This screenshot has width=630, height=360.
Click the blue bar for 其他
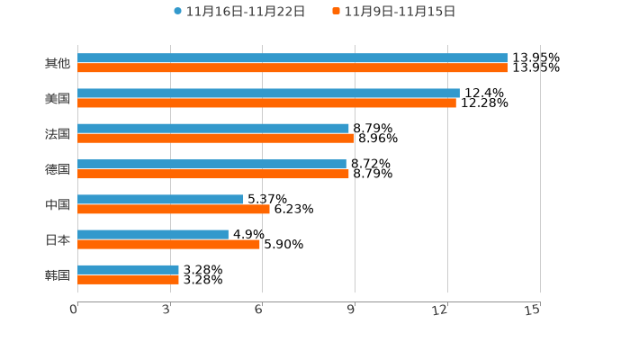[292, 58]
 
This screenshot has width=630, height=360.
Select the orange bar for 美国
[266, 103]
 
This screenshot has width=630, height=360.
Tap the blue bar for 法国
[213, 128]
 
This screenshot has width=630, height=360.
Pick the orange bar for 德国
[213, 174]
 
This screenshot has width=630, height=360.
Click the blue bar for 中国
[160, 199]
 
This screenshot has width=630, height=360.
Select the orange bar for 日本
[168, 244]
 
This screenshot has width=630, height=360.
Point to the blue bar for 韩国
[128, 269]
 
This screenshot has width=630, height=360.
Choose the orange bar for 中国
[173, 209]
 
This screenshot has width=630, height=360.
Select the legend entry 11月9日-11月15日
[400, 12]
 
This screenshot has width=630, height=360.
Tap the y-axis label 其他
[58, 63]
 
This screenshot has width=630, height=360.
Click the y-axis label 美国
[58, 98]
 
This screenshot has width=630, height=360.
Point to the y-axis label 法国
[58, 133]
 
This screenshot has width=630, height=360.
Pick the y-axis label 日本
[58, 239]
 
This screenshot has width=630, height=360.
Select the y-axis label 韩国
[58, 274]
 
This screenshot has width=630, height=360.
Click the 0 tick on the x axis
[74, 310]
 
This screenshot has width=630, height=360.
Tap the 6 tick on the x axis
[258, 310]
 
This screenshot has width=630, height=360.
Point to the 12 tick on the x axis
[440, 310]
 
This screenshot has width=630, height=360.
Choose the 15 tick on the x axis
[533, 310]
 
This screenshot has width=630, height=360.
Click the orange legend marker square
[336, 12]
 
